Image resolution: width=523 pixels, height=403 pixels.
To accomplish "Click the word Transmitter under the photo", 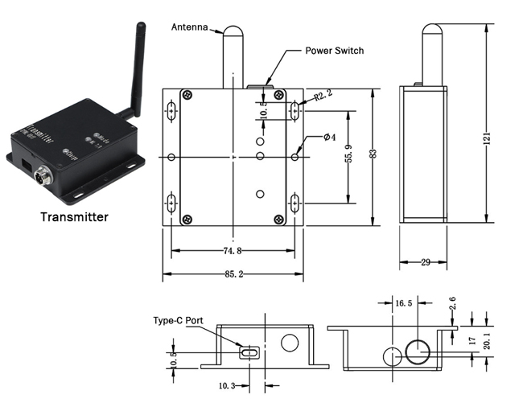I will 73,216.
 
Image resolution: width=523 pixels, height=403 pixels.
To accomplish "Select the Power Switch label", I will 334,51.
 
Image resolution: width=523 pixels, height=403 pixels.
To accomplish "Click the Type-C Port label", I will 178,319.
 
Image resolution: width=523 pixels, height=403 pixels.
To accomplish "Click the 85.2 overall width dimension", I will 233,274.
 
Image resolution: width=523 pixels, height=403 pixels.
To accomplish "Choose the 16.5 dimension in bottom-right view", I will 405,303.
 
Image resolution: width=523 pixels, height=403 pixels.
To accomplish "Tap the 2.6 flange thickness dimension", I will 453,305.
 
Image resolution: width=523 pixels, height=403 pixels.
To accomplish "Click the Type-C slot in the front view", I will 249,352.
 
